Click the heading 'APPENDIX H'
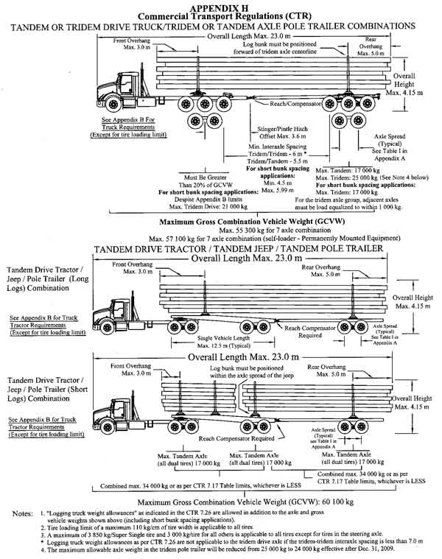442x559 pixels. [x=220, y=5]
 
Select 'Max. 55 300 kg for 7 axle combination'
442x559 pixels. [x=220, y=231]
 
